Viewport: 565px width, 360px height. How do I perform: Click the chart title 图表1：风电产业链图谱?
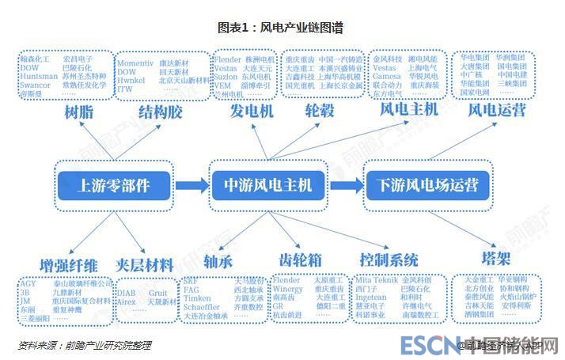point(281,28)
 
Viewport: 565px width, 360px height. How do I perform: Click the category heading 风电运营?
point(496,111)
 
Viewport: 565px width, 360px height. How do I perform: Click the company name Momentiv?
point(135,63)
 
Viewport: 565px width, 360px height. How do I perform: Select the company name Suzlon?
point(228,76)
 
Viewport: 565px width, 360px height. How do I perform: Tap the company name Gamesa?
point(385,76)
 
